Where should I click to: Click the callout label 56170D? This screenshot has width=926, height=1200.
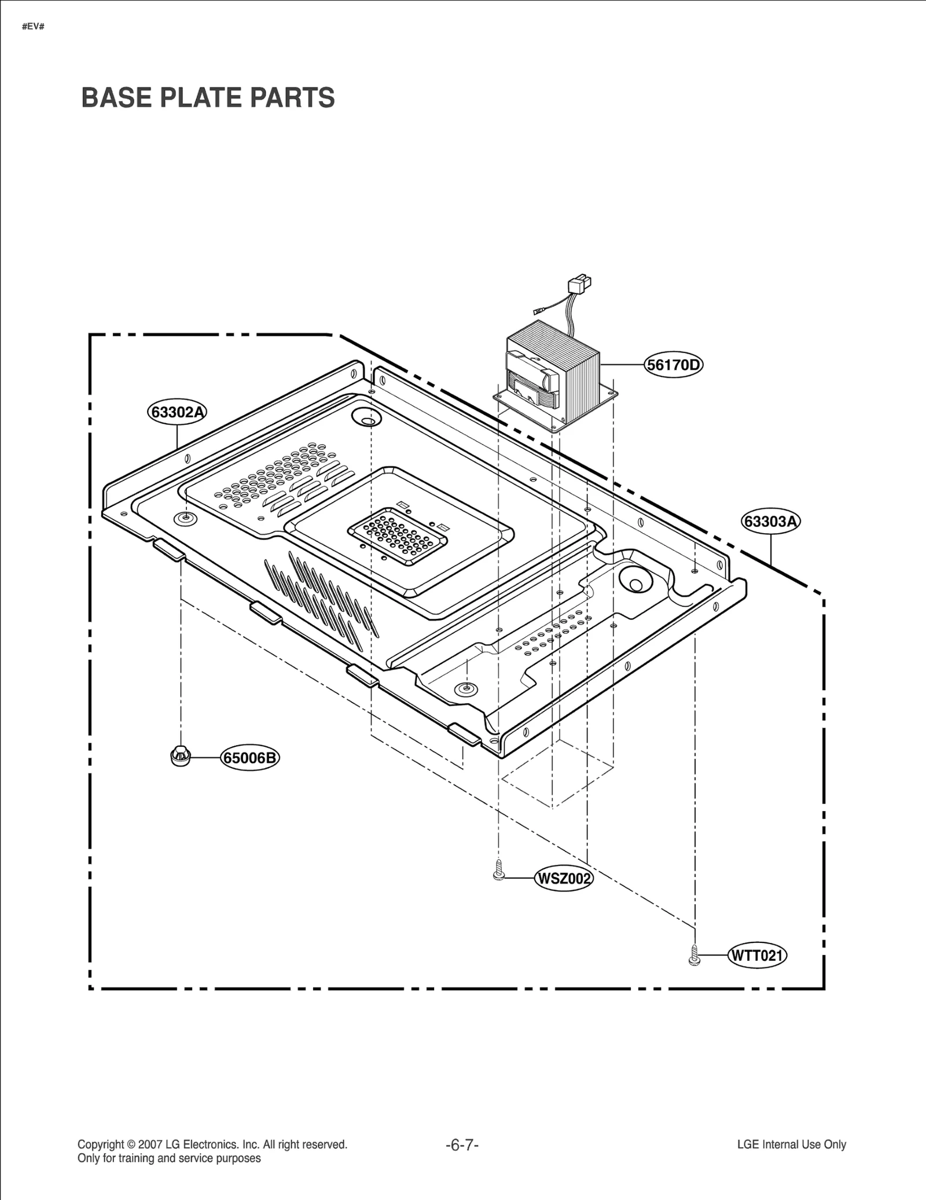click(x=674, y=365)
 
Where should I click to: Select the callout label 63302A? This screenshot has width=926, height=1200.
click(x=177, y=412)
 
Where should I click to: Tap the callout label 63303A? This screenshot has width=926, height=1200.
click(x=771, y=522)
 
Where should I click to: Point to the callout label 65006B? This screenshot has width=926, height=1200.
click(x=250, y=758)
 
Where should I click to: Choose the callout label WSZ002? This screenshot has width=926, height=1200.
click(x=564, y=879)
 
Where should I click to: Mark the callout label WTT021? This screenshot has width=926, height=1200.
click(x=757, y=955)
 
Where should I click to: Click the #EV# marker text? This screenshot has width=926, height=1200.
click(x=33, y=27)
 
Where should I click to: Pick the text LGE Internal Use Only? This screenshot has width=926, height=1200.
click(x=791, y=1144)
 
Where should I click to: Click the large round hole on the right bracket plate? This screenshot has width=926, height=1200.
click(x=635, y=581)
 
